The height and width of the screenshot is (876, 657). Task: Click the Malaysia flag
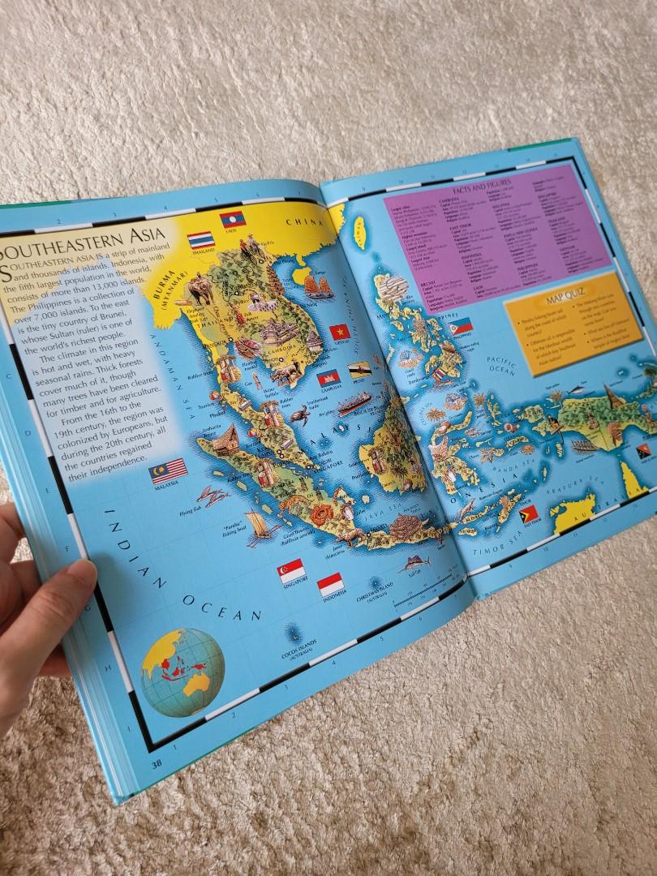click(169, 470)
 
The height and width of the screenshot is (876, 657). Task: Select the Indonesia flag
click(330, 584)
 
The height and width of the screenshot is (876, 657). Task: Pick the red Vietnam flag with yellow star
click(341, 331)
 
